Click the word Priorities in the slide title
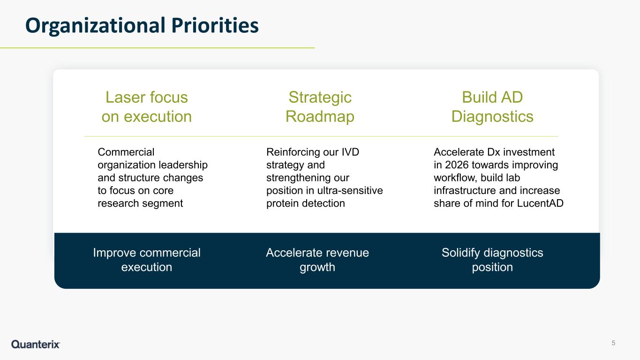pyautogui.click(x=215, y=25)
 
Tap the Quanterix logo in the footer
pyautogui.click(x=36, y=344)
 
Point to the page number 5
pyautogui.click(x=613, y=343)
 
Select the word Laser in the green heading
pyautogui.click(x=126, y=97)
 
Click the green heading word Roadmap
pyautogui.click(x=320, y=117)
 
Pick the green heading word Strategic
pyautogui.click(x=320, y=97)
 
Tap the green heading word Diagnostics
pyautogui.click(x=492, y=117)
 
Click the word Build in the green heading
pyautogui.click(x=478, y=97)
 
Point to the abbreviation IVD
pyautogui.click(x=350, y=152)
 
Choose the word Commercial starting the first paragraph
pyautogui.click(x=126, y=152)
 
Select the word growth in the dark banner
pyautogui.click(x=317, y=268)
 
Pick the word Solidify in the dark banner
pyautogui.click(x=460, y=253)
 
